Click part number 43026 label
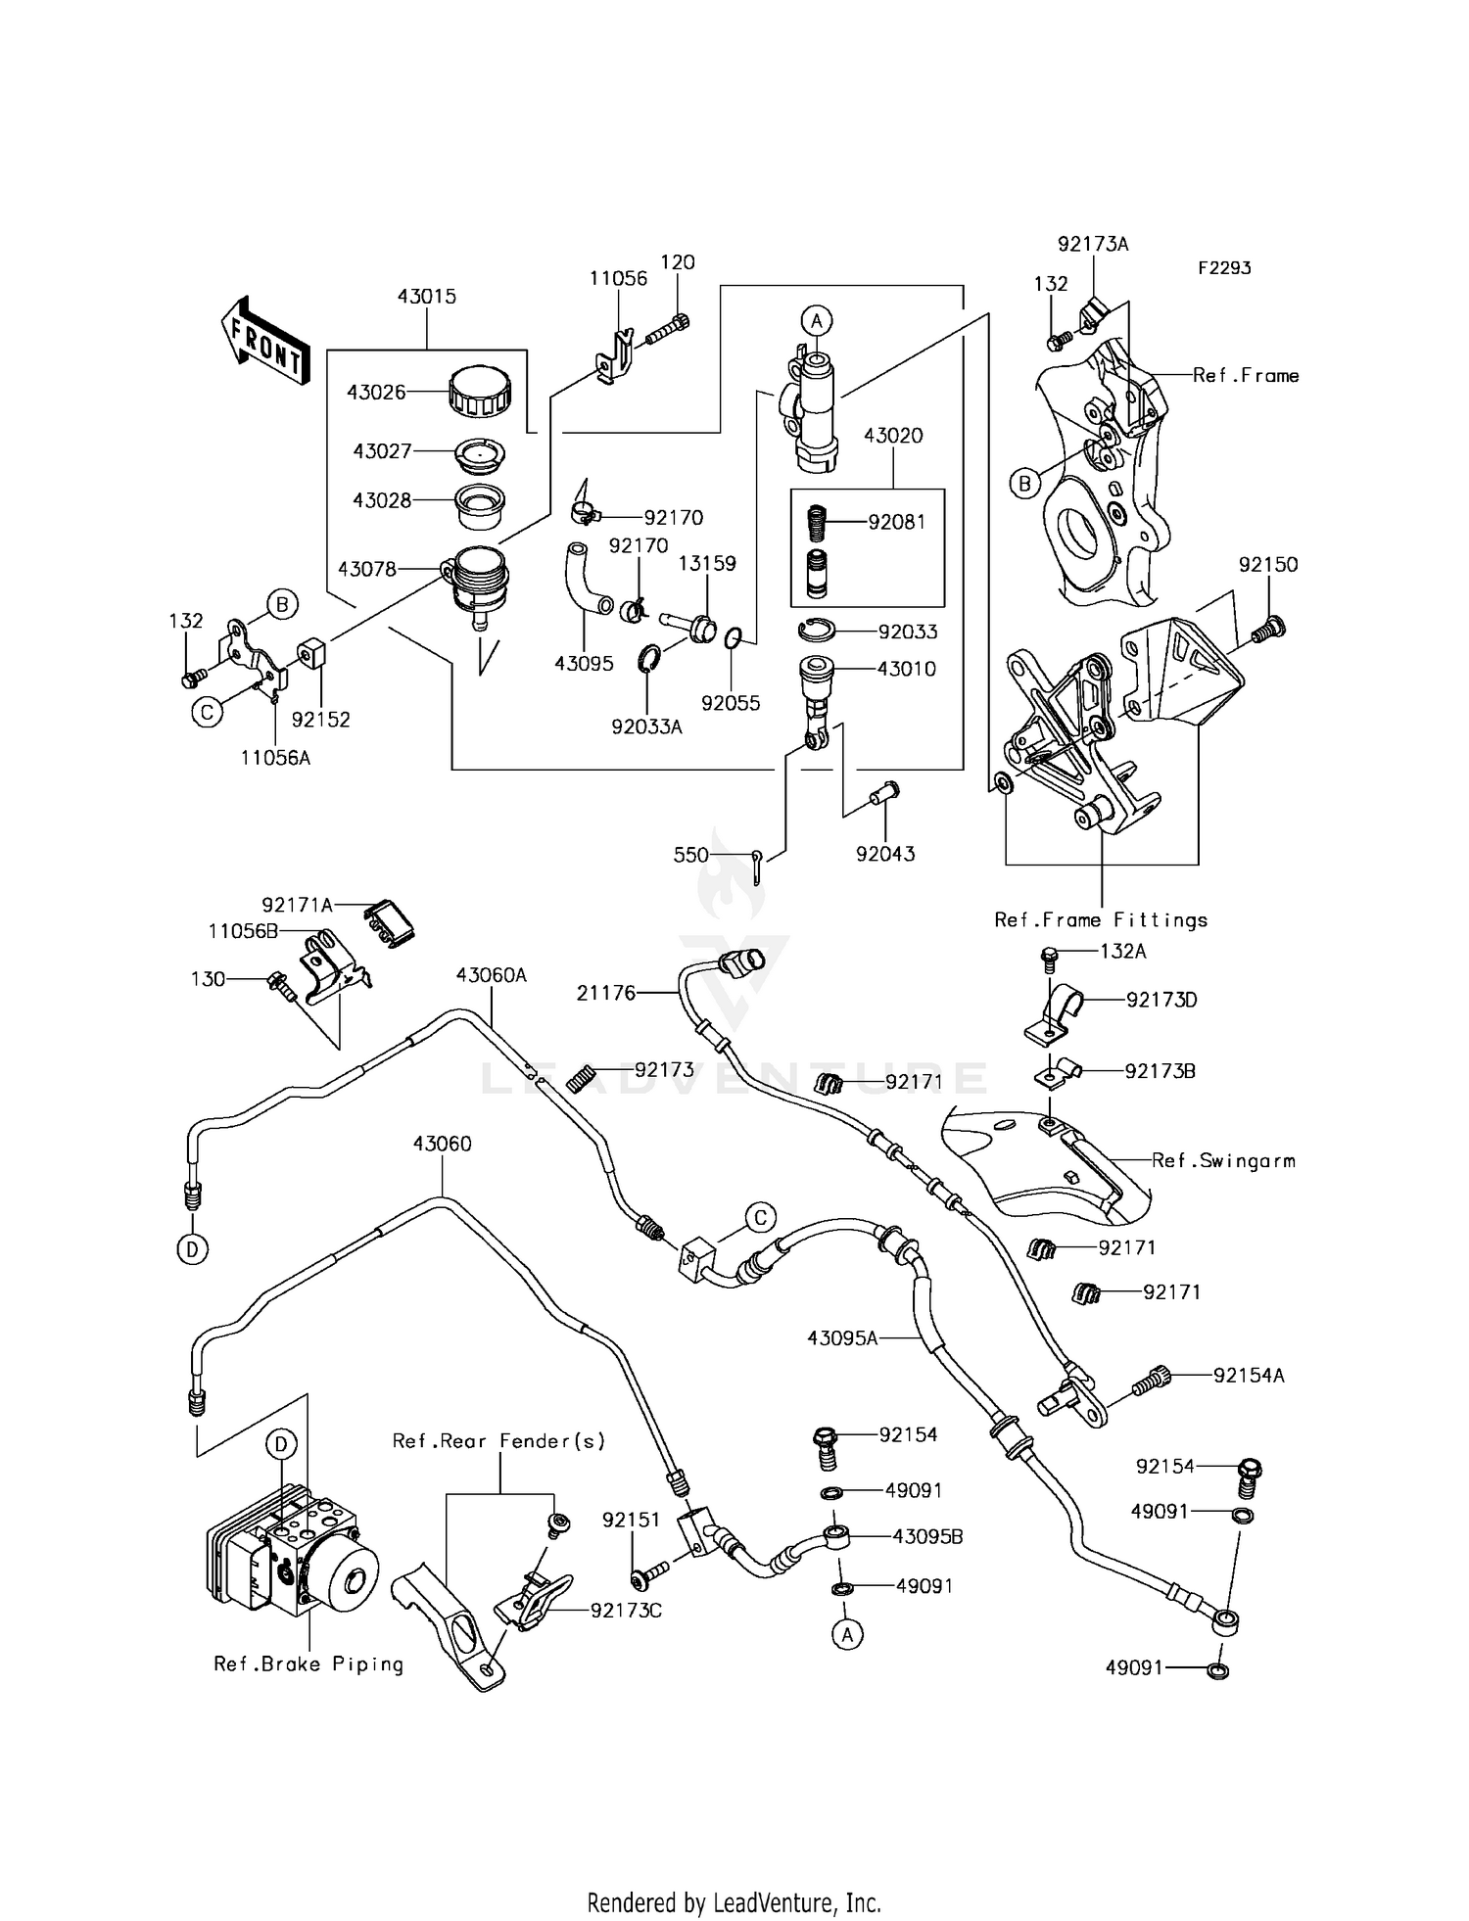376,393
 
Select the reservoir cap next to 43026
479,391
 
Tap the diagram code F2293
1223,268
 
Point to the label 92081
896,522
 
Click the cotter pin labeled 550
758,866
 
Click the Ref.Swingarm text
1223,1161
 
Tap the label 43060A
491,975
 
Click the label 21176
606,994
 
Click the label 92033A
646,726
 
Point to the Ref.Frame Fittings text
1101,920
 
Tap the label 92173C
626,1611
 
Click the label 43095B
927,1537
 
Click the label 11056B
243,931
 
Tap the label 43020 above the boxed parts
893,436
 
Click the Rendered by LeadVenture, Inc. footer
734,1903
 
